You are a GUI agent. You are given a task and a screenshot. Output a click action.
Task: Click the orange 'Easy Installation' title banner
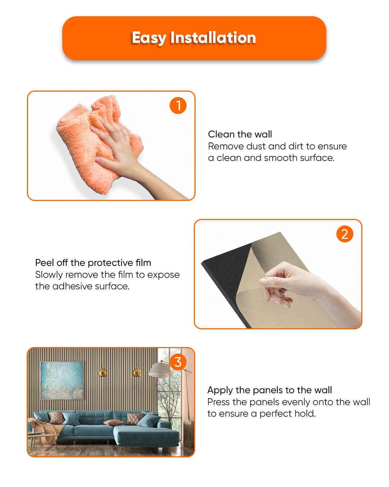point(194,38)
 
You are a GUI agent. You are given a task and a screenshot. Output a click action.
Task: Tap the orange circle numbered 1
point(178,105)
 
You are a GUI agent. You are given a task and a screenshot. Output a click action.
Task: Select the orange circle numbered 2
point(345,234)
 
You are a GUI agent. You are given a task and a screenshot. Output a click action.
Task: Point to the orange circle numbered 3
point(178,362)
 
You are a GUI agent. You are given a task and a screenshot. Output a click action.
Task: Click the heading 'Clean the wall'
point(240,134)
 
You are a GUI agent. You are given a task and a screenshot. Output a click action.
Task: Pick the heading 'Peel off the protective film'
point(93,263)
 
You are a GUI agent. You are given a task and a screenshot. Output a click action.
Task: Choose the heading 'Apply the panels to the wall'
point(270,390)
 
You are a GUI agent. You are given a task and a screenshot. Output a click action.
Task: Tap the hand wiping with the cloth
point(133,156)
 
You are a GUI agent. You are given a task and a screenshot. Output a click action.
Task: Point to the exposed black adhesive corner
point(226,272)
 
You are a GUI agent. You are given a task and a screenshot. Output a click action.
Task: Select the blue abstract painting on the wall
point(62,381)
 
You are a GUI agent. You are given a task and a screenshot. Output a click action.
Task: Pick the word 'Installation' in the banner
point(213,38)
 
